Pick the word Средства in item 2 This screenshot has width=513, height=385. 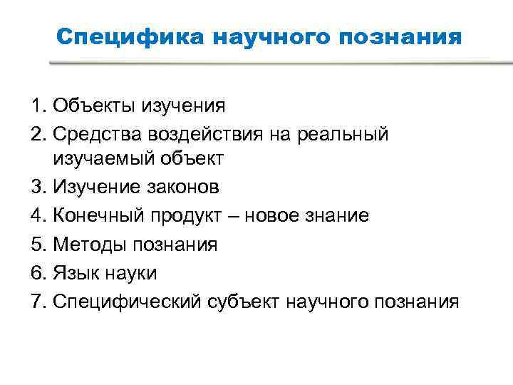point(94,133)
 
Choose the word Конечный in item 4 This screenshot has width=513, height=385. point(97,215)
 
